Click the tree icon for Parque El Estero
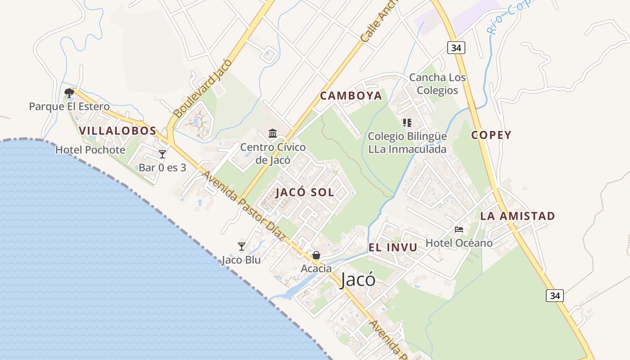click(x=69, y=93)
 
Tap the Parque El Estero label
click(x=69, y=107)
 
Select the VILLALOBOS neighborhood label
click(x=117, y=131)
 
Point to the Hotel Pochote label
click(x=90, y=150)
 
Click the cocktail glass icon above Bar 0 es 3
click(x=162, y=154)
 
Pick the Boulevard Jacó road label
click(x=202, y=88)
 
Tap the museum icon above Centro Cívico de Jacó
click(x=273, y=134)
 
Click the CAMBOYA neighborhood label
click(x=351, y=96)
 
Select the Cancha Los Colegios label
click(x=437, y=84)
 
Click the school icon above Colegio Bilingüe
click(x=407, y=122)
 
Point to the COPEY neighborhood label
click(x=491, y=135)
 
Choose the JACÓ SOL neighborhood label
click(x=305, y=193)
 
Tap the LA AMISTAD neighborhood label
click(x=517, y=216)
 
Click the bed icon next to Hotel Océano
click(x=459, y=229)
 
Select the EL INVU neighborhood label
click(x=393, y=247)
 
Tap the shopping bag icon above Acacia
click(x=316, y=256)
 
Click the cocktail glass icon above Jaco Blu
click(x=242, y=247)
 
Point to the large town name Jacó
click(x=358, y=279)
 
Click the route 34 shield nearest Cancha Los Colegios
click(x=456, y=48)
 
